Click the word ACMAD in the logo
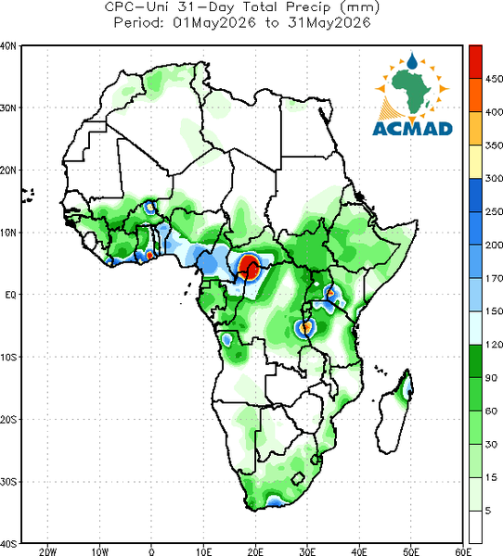click(x=413, y=129)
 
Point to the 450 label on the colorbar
click(x=494, y=79)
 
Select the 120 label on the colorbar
click(x=494, y=345)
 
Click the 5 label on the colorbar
click(x=488, y=511)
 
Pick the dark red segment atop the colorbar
click(x=475, y=62)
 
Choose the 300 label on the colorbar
click(x=494, y=178)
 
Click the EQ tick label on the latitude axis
click(x=10, y=295)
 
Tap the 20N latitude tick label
click(x=8, y=171)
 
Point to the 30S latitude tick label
click(x=8, y=482)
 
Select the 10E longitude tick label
click(x=203, y=551)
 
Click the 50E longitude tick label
click(x=411, y=551)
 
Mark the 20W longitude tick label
click(x=48, y=551)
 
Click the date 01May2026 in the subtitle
click(x=214, y=23)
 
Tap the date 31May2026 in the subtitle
click(x=329, y=23)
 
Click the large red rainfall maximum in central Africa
click(x=249, y=267)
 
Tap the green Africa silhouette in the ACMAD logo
click(x=412, y=91)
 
